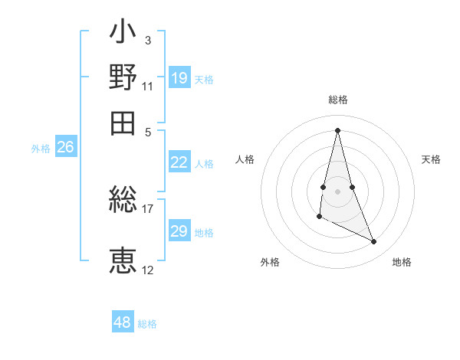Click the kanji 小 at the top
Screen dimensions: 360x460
(x=123, y=34)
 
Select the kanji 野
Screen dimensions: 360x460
(x=123, y=78)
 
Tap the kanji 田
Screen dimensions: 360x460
(x=123, y=122)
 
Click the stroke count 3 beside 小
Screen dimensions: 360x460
(x=147, y=40)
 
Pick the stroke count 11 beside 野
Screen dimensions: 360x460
(x=147, y=85)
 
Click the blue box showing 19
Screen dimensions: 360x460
(x=179, y=78)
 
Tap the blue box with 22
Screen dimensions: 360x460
(x=179, y=162)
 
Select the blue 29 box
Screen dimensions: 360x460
(x=179, y=231)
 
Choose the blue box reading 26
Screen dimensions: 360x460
(x=65, y=148)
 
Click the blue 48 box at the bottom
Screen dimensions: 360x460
(x=123, y=322)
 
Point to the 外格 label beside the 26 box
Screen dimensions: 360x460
(x=41, y=149)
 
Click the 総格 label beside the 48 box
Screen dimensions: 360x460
(x=147, y=324)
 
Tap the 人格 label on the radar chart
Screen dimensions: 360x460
(x=245, y=159)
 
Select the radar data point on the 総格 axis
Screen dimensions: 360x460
(x=337, y=129)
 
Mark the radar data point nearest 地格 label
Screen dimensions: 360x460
(x=374, y=242)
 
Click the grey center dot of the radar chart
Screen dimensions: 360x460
(x=337, y=191)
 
